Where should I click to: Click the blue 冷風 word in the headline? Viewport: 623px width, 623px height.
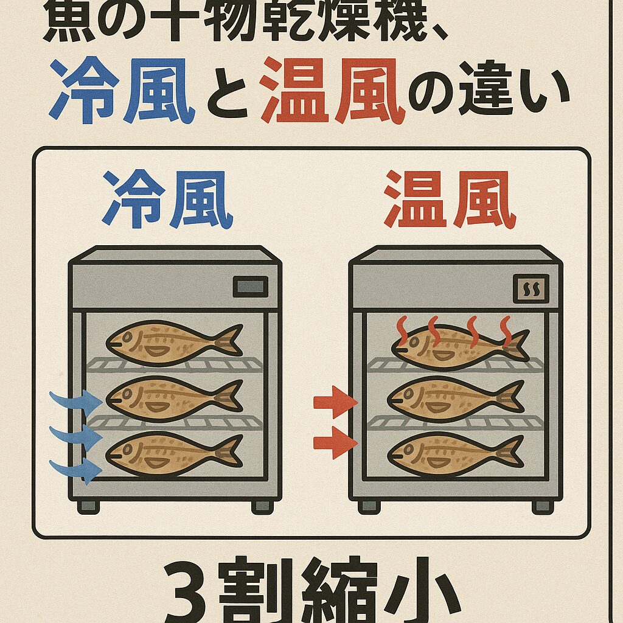122,91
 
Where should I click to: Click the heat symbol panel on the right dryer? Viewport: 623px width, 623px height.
531,288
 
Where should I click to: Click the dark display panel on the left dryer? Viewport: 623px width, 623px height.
250,286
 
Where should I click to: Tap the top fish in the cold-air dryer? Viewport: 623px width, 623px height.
173,341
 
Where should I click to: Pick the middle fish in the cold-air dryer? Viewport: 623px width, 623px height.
173,399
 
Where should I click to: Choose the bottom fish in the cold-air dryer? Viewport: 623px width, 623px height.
173,453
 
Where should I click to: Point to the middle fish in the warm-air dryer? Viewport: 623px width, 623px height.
453,399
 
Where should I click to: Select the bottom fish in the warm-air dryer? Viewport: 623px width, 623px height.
453,453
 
